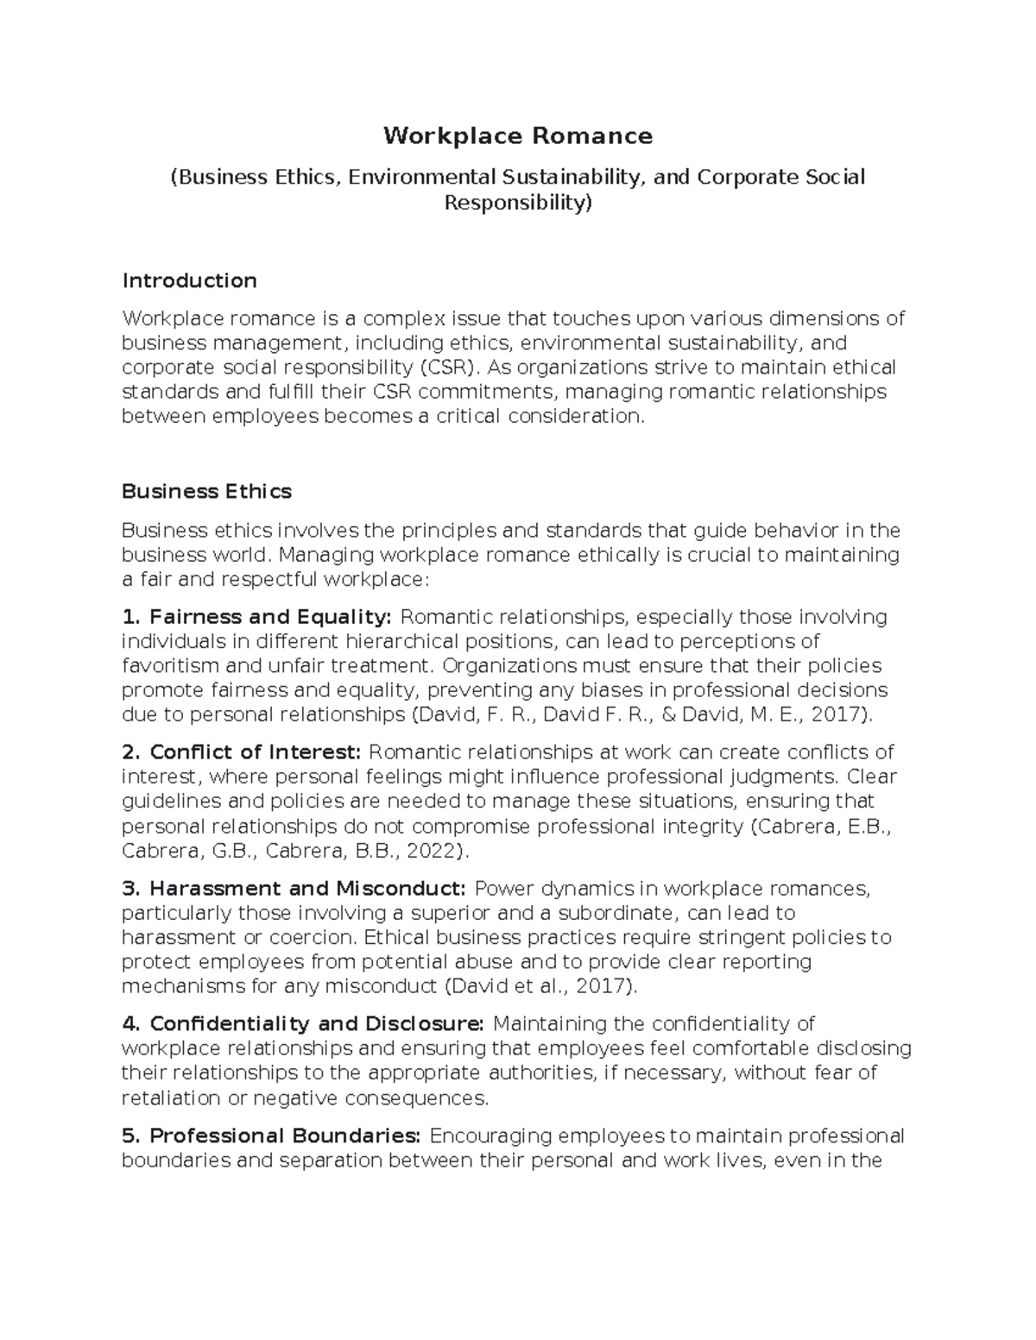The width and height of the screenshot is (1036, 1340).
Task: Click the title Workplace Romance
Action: pos(518,135)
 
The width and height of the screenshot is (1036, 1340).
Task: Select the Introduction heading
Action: pos(189,280)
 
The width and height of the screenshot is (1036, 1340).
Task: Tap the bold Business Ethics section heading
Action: pos(206,491)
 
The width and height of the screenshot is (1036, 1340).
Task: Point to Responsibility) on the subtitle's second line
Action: pos(518,203)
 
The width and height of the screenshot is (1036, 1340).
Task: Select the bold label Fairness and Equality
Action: pos(269,617)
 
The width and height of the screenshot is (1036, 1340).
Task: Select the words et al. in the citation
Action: pos(544,985)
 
